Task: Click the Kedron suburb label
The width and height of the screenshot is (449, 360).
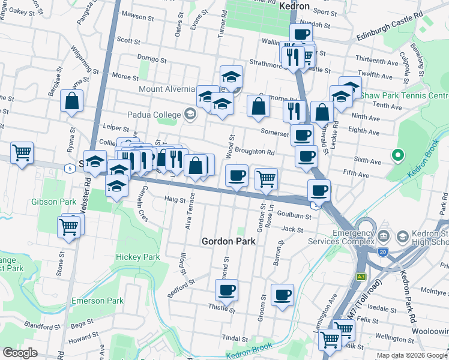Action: click(x=294, y=6)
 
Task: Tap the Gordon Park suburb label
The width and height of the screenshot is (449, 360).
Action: click(x=228, y=241)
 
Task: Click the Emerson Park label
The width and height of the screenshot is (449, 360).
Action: click(x=97, y=301)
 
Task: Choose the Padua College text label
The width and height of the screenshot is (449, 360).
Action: click(x=154, y=115)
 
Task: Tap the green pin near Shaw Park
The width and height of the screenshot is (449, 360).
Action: click(x=396, y=156)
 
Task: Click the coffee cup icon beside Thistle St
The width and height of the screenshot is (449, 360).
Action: click(x=226, y=291)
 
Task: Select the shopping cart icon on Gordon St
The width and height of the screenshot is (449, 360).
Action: click(x=265, y=178)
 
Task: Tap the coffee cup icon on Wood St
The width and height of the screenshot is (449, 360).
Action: click(x=237, y=176)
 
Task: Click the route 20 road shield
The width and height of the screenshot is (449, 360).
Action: click(x=382, y=251)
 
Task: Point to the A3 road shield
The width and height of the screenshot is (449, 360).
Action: click(x=361, y=277)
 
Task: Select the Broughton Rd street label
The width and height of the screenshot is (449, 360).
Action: click(x=254, y=152)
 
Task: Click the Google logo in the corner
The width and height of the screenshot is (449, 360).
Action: click(x=20, y=353)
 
